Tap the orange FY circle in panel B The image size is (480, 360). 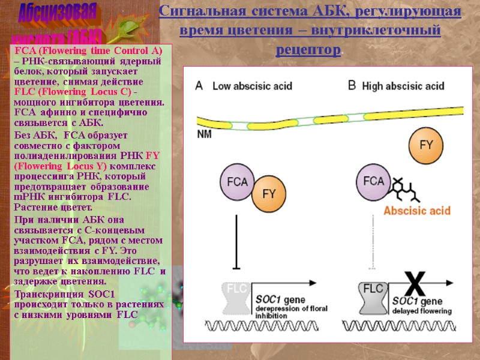click(425, 145)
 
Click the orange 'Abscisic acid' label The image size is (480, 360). click(416, 211)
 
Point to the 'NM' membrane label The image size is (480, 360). click(204, 134)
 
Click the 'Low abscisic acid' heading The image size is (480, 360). click(252, 86)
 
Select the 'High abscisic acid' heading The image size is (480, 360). click(403, 86)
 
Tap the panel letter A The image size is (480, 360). click(199, 86)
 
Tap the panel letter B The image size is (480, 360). click(352, 85)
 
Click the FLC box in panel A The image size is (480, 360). click(234, 294)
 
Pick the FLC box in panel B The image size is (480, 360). click(373, 294)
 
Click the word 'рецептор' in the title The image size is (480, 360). click(306, 49)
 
